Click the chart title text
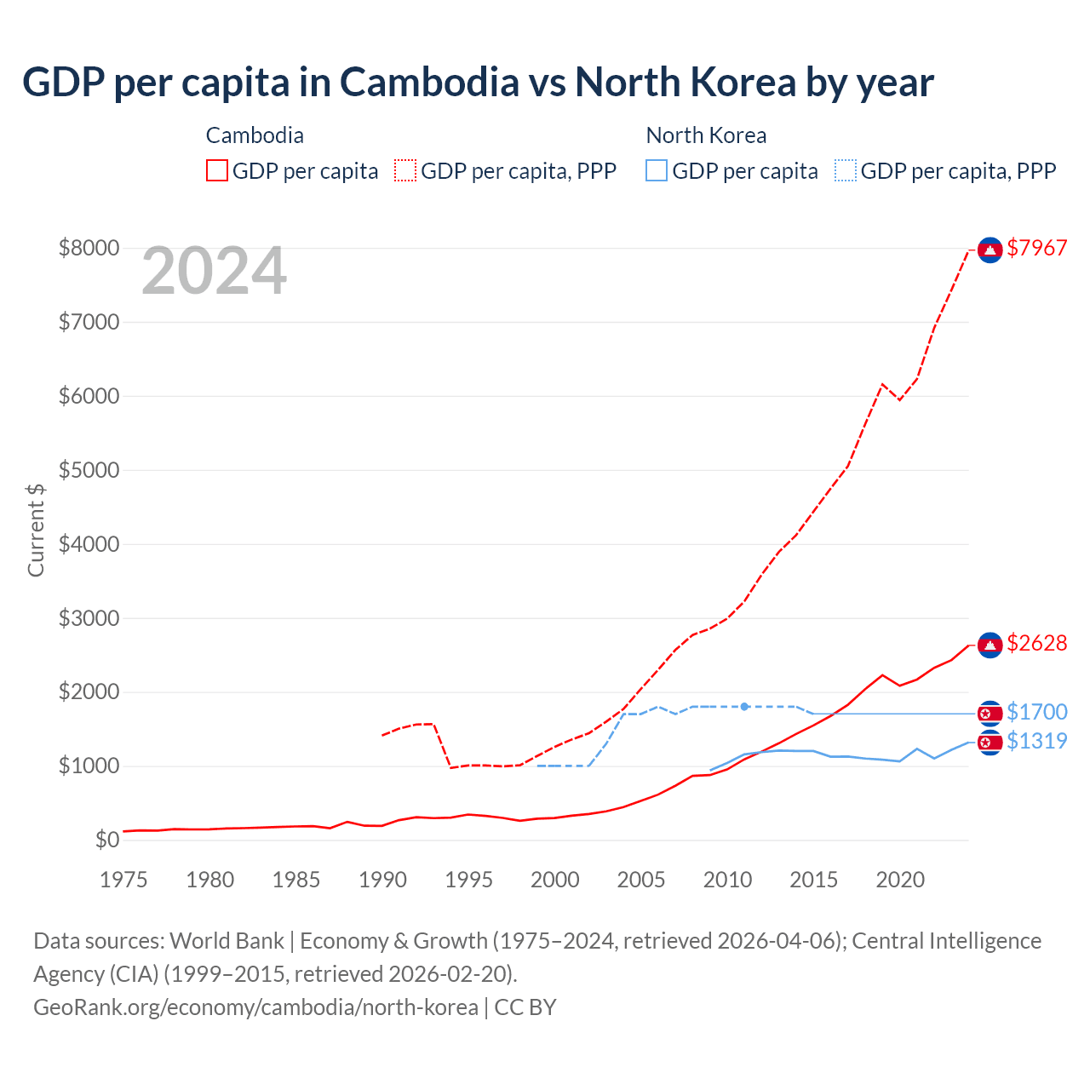[x=478, y=83]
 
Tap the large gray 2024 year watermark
[x=214, y=271]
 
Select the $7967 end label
[x=1036, y=248]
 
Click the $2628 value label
[x=1036, y=643]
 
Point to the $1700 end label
[x=1036, y=712]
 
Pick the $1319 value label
[x=1036, y=741]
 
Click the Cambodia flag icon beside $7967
[x=990, y=250]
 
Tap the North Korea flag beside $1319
[x=990, y=743]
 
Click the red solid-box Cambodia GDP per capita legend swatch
[x=217, y=170]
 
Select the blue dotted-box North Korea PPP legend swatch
[x=846, y=170]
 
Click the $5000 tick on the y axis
[x=89, y=470]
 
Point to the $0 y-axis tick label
[x=107, y=840]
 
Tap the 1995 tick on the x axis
[x=468, y=880]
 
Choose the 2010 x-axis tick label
[x=727, y=880]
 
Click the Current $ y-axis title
[x=36, y=530]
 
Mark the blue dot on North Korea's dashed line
[x=744, y=707]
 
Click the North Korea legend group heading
[x=706, y=135]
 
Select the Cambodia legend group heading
[x=255, y=135]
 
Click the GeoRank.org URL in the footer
[x=255, y=1007]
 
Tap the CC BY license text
[x=525, y=1007]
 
